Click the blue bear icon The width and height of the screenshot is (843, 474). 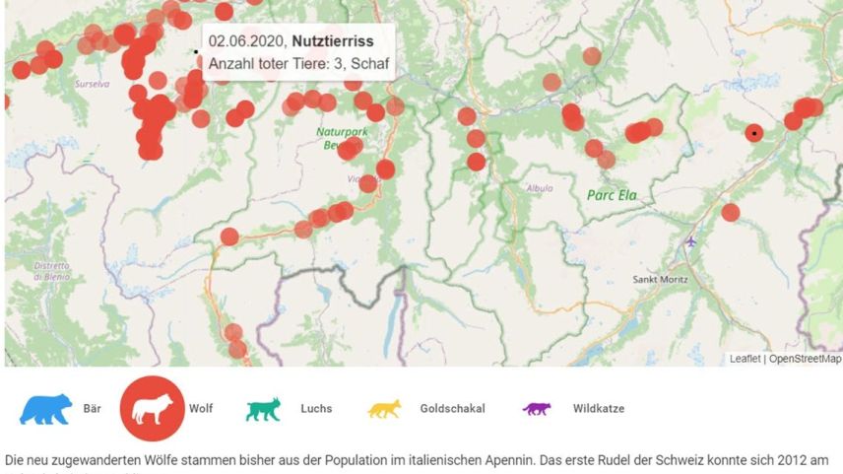pyautogui.click(x=45, y=408)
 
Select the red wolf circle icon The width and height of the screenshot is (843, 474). pyautogui.click(x=152, y=408)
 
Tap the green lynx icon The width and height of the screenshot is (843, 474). pyautogui.click(x=263, y=409)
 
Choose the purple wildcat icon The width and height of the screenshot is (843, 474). pyautogui.click(x=537, y=408)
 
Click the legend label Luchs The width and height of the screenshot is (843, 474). pyautogui.click(x=316, y=408)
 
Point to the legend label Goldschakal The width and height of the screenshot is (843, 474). pyautogui.click(x=452, y=408)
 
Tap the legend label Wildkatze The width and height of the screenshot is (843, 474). pyautogui.click(x=598, y=408)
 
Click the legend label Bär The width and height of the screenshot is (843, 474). pyautogui.click(x=93, y=408)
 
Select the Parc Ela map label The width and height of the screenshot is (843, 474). pyautogui.click(x=613, y=195)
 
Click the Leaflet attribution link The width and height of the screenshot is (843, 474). pyautogui.click(x=745, y=359)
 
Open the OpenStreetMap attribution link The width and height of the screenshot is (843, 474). pyautogui.click(x=805, y=359)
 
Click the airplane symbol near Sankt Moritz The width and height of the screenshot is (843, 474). pyautogui.click(x=691, y=240)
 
